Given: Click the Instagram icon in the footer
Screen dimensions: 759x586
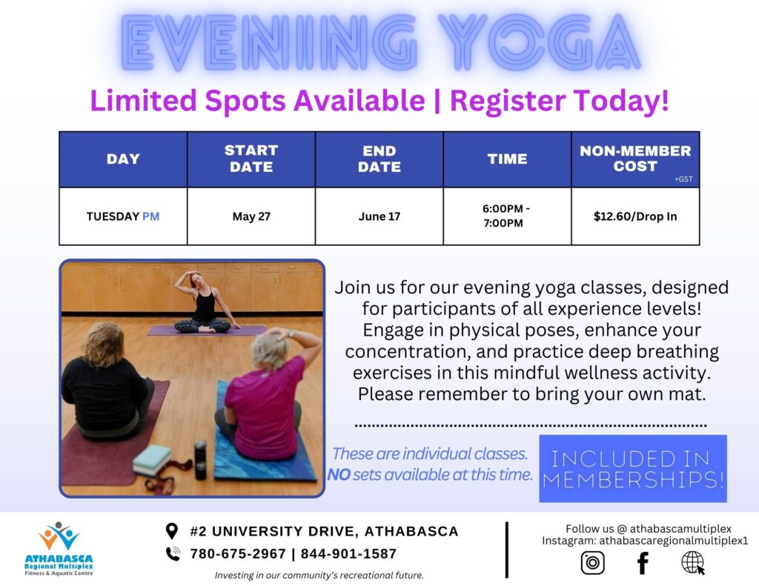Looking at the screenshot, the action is pos(592,563).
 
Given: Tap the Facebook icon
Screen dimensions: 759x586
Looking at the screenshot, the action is pos(643,563).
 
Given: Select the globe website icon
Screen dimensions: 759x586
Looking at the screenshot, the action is pos(693,563).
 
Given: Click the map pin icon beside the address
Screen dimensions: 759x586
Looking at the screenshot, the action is pos(172,531).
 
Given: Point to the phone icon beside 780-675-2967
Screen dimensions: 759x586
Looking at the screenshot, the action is pos(173,553).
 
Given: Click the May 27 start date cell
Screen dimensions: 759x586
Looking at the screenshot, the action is pos(251,216).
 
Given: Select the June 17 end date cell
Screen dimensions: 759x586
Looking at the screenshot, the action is pos(379,216).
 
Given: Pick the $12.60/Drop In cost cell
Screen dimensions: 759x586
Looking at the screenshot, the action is pos(635,216).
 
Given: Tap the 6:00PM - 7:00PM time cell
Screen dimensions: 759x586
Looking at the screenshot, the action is pos(507,216).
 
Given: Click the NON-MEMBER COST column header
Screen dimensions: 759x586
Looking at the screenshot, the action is pos(635,159).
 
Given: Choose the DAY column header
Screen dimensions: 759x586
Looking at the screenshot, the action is pos(123,159).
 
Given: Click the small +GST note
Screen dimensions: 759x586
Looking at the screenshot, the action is pos(683,179).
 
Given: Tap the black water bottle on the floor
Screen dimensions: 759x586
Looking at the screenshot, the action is pos(200,460).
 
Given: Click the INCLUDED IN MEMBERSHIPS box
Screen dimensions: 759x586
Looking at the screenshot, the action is pos(633,468).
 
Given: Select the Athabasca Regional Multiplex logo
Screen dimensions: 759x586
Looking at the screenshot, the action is pos(59,549).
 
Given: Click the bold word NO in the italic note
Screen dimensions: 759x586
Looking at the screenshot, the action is pos(339,475).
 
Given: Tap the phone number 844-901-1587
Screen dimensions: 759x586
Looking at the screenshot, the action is pos(348,553).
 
